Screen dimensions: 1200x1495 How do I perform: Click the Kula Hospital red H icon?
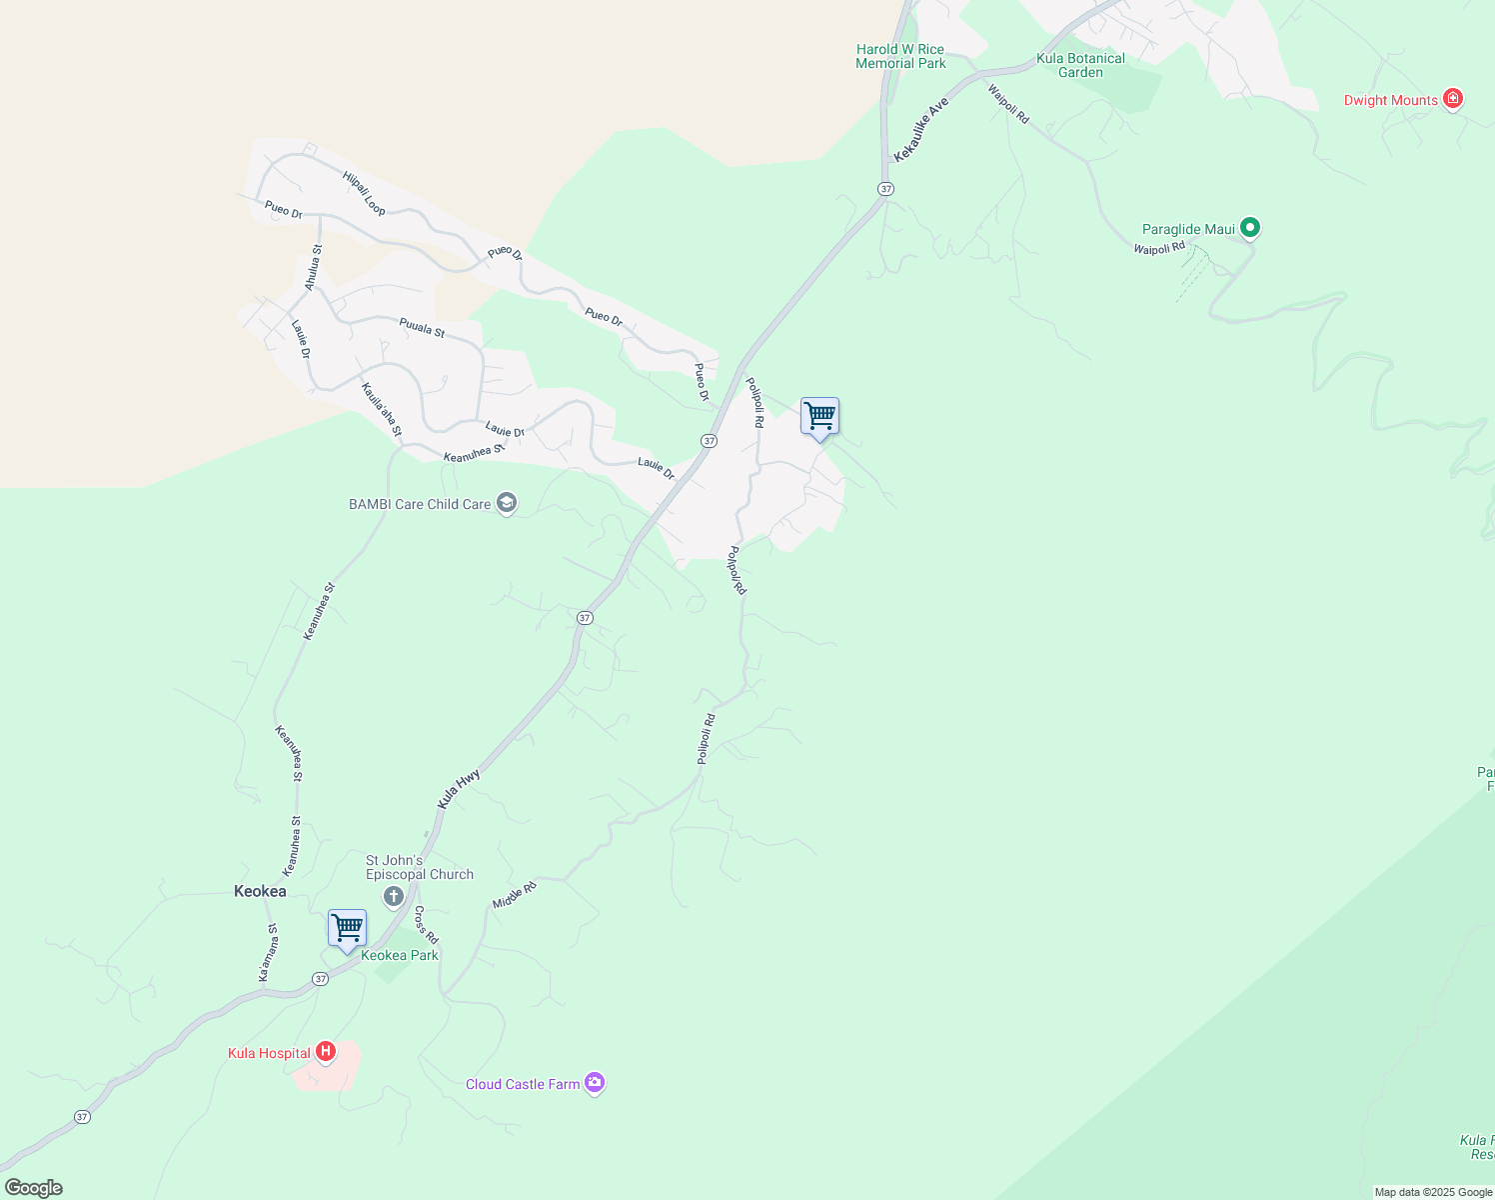tap(325, 1052)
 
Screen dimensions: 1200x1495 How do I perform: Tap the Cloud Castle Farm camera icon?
tap(595, 1083)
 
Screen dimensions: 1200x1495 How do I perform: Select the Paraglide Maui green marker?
tap(1249, 228)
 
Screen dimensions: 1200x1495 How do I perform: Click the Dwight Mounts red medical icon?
tap(1453, 99)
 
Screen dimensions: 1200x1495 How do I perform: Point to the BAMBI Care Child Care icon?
tap(507, 503)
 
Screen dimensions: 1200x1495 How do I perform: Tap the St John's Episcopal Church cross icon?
tap(394, 895)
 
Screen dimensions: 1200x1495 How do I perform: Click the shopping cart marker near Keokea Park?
tap(347, 929)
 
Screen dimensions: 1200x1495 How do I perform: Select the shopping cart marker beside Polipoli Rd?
tap(819, 416)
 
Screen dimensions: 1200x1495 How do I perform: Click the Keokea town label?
tap(260, 891)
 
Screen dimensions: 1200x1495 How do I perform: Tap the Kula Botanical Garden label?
tap(1080, 65)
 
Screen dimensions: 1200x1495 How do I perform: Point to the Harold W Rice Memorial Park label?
tap(900, 56)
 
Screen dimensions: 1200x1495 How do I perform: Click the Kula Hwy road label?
tap(459, 789)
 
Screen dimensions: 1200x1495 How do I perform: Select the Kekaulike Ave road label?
tap(920, 129)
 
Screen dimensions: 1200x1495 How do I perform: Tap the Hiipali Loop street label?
tap(364, 193)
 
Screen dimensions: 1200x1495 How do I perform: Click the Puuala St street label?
tap(422, 327)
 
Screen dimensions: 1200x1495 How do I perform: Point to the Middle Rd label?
tap(514, 895)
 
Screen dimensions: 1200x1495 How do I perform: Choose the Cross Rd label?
tap(427, 925)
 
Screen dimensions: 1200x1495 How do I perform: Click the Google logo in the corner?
tap(33, 1188)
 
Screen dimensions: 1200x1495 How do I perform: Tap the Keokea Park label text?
tap(400, 955)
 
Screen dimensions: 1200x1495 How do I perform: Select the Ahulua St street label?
tap(313, 268)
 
